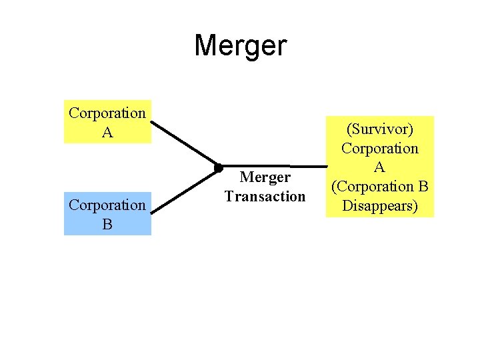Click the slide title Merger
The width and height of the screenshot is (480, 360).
click(x=240, y=46)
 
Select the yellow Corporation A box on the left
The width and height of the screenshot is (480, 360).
click(x=107, y=122)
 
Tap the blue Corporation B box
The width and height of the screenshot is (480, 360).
click(x=107, y=214)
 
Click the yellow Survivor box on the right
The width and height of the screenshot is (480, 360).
click(x=379, y=167)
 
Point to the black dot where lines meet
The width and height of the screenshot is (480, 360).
click(x=218, y=167)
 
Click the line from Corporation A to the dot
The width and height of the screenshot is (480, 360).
click(x=185, y=143)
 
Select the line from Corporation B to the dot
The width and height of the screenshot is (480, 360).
click(x=185, y=191)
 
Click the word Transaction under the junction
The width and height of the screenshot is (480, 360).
click(x=265, y=197)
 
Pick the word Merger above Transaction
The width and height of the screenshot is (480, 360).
click(x=265, y=178)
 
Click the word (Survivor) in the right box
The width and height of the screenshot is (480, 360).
click(x=379, y=129)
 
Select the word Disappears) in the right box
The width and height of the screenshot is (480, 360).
click(x=379, y=205)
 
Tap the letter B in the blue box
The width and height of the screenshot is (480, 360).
click(x=107, y=224)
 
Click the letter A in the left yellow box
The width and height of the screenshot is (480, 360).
click(x=107, y=132)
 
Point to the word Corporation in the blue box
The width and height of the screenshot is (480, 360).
click(x=107, y=205)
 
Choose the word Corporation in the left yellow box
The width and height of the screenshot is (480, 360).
click(x=107, y=113)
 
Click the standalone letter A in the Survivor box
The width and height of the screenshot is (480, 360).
click(x=379, y=167)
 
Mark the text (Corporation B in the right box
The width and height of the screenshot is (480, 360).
click(x=379, y=187)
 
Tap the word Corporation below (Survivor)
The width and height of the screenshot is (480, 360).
click(x=379, y=148)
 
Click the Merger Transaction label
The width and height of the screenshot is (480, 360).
click(x=265, y=187)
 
